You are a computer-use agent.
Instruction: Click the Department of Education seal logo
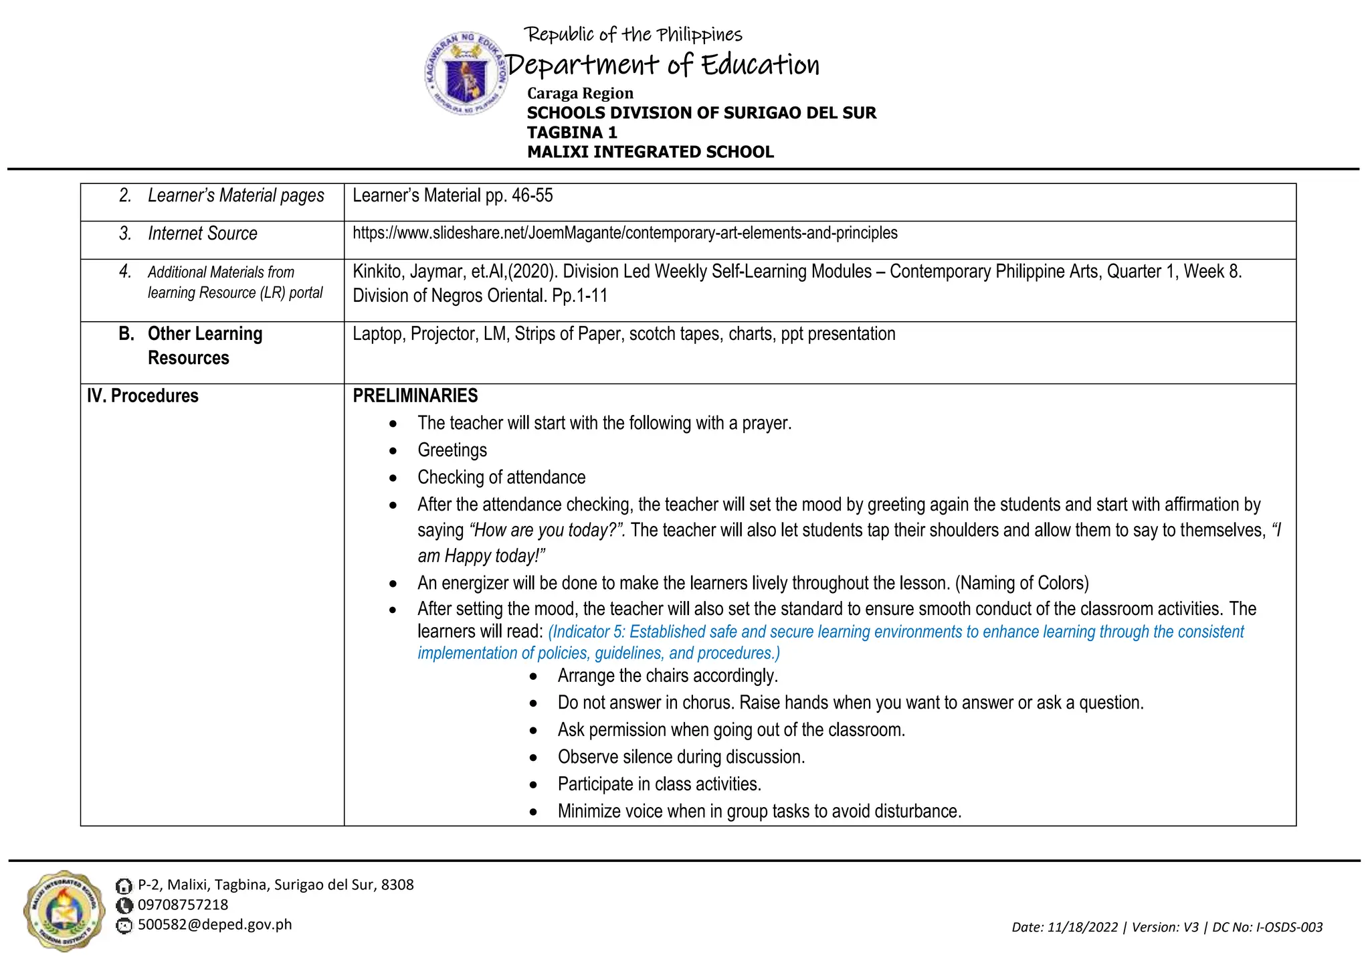tap(466, 74)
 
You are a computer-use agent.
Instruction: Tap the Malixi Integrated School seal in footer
tap(64, 911)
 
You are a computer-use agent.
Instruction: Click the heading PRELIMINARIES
tap(415, 395)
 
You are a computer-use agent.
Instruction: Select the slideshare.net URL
tap(625, 233)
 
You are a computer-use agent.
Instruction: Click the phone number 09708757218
tap(183, 905)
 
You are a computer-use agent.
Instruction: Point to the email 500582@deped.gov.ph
tap(215, 925)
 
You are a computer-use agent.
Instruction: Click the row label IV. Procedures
tap(142, 395)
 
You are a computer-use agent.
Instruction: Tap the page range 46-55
tap(532, 195)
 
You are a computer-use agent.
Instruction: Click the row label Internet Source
tap(202, 234)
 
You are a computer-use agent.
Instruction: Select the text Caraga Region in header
tap(579, 93)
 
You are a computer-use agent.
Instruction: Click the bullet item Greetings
tap(452, 450)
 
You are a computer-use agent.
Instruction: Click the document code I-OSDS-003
tap(1289, 927)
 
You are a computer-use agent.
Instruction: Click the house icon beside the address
tap(124, 886)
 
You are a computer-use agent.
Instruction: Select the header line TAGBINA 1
tap(571, 133)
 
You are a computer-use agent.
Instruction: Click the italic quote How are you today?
tap(548, 530)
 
